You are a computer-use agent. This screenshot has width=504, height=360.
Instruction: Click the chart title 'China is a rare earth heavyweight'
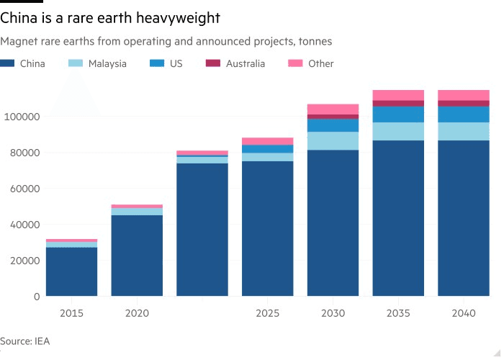tap(110, 17)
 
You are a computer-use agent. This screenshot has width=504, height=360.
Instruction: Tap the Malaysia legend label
tap(107, 63)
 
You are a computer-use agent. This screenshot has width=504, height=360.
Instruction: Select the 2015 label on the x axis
tap(71, 313)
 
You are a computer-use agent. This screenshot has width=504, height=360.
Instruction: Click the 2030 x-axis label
tap(333, 313)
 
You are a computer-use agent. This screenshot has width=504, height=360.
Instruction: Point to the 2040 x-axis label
tap(464, 313)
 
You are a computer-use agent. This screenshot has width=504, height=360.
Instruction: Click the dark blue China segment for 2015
tap(71, 272)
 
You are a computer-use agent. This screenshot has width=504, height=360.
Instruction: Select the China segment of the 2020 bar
tap(137, 256)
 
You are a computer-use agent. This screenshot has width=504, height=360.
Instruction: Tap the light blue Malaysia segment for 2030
tap(333, 141)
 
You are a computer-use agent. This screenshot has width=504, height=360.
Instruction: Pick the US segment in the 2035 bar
tap(398, 114)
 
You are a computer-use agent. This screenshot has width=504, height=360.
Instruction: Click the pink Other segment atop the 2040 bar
tap(464, 95)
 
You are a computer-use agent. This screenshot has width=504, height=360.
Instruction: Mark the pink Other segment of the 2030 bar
tap(333, 109)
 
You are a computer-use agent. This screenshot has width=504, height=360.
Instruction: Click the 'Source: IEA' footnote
tap(25, 341)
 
